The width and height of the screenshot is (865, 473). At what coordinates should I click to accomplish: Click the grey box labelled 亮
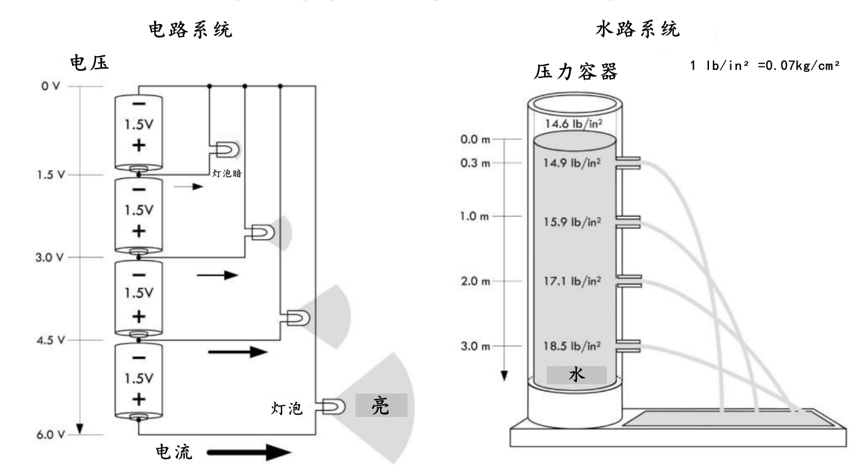click(381, 405)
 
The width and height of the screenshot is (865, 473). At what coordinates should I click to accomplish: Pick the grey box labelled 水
click(576, 376)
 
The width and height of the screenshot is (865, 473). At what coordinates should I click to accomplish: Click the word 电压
click(89, 63)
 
